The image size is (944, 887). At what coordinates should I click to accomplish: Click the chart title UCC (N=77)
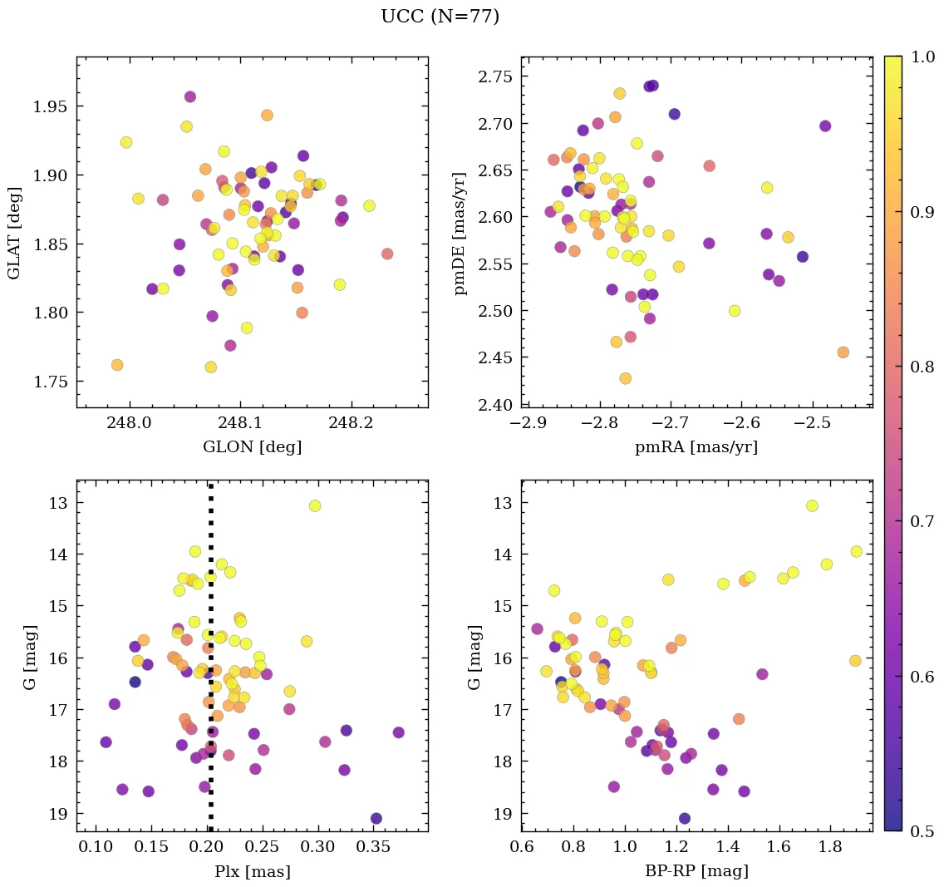(440, 17)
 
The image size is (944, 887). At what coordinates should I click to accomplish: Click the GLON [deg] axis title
(252, 447)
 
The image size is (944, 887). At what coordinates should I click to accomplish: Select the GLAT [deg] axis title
(14, 232)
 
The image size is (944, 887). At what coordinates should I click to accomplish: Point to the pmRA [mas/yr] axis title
(696, 447)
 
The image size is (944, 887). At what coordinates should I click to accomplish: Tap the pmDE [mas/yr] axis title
(460, 232)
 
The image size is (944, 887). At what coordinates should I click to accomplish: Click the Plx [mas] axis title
(252, 871)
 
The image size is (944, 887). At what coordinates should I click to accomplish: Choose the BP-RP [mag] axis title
(696, 871)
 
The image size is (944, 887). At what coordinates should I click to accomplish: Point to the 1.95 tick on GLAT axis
(52, 106)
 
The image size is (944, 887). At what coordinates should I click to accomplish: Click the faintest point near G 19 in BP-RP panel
(685, 819)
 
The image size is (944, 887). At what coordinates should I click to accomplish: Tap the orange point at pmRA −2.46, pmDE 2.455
(843, 352)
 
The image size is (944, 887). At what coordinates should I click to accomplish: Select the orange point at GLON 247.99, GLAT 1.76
(117, 365)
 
